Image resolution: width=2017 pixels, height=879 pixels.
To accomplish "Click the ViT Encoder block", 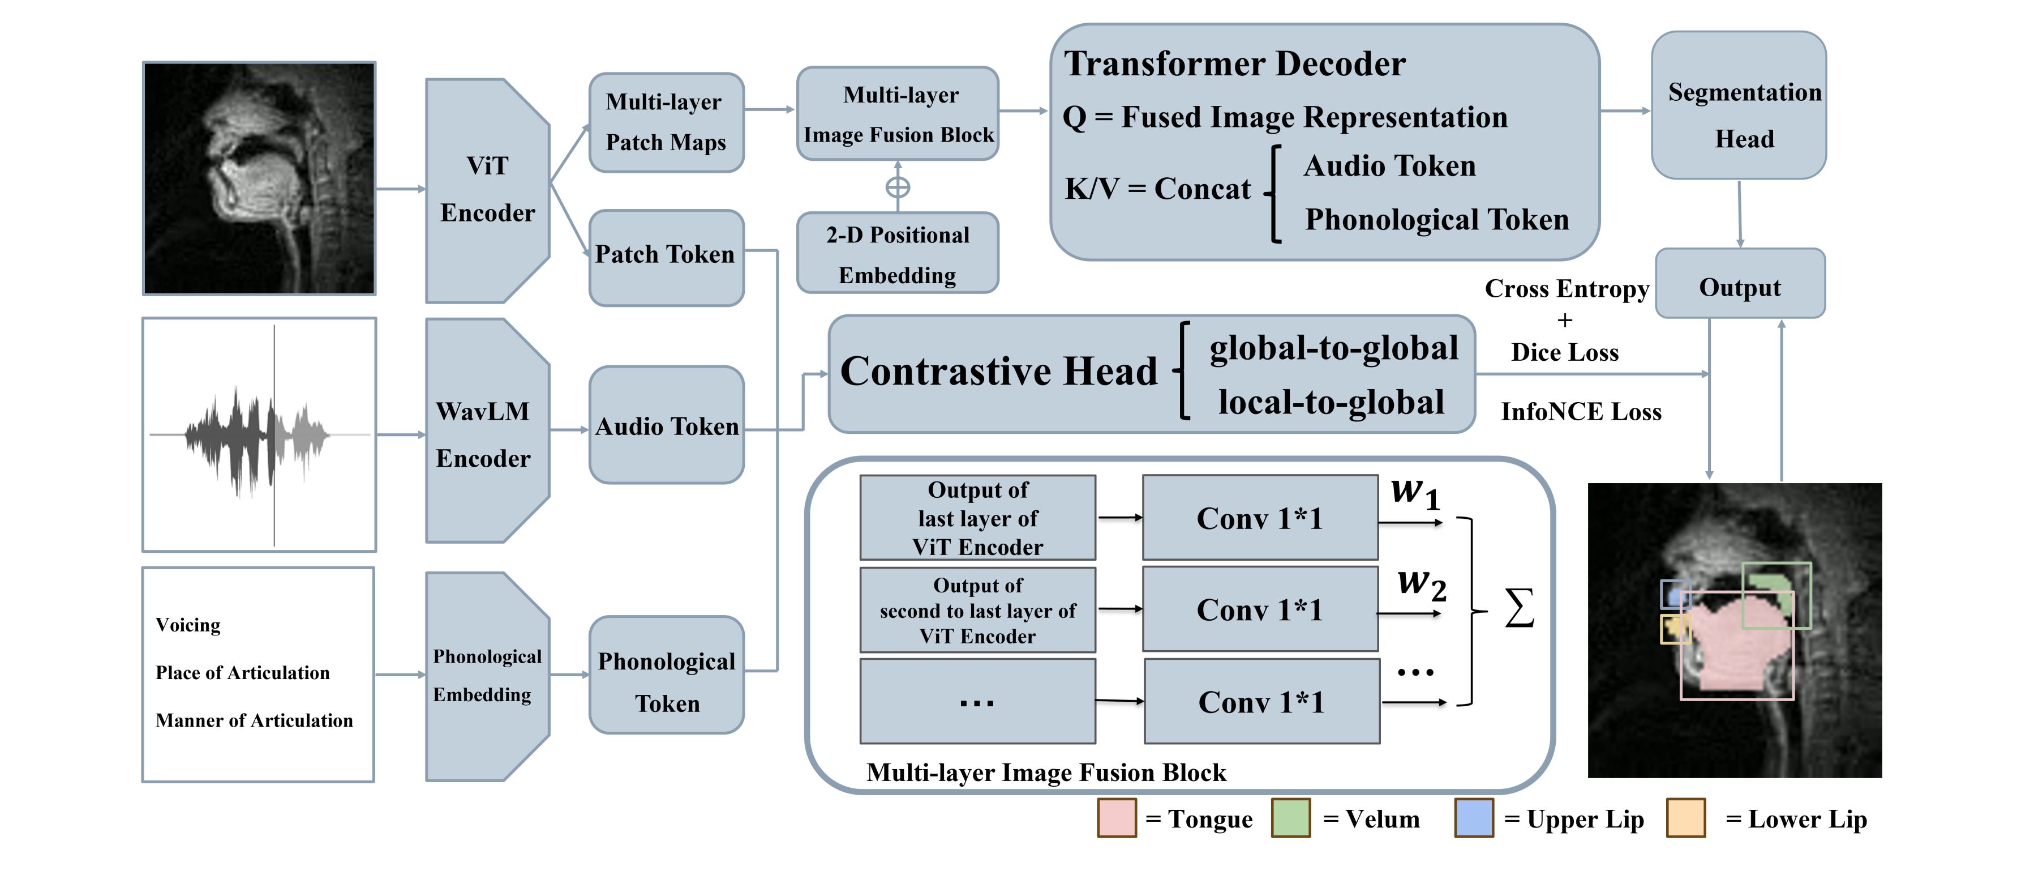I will [487, 190].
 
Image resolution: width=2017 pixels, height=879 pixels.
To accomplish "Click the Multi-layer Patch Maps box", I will [666, 122].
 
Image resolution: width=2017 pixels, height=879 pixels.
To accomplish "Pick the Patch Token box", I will [666, 255].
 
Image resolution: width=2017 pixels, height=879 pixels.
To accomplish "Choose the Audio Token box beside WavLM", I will [666, 425].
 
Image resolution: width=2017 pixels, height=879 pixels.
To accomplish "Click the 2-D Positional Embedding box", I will [898, 254].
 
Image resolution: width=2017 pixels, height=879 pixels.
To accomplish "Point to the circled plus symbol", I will [898, 187].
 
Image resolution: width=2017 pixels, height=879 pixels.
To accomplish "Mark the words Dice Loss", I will [1564, 352].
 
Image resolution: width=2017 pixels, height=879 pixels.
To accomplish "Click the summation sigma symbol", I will [1519, 609].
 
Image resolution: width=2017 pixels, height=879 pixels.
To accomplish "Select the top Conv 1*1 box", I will [1260, 518].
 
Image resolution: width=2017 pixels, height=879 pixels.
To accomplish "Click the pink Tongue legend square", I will [1117, 818].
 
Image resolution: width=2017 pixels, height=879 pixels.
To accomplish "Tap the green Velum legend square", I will [1290, 818].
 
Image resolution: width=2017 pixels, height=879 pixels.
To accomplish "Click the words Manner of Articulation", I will [254, 720].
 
